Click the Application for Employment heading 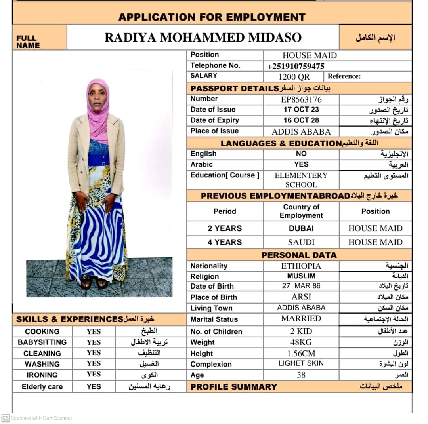(x=212, y=17)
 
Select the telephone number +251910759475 (x=296, y=66)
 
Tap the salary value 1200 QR (x=294, y=77)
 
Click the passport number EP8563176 (x=301, y=99)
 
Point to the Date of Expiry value (x=301, y=120)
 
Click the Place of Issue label (x=214, y=131)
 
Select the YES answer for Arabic (x=301, y=164)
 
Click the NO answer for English (x=301, y=154)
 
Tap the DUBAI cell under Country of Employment (x=301, y=228)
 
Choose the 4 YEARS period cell (x=225, y=242)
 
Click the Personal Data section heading (x=299, y=255)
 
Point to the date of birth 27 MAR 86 (x=301, y=286)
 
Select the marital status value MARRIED (x=301, y=318)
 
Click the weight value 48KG (x=301, y=342)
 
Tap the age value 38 (x=301, y=375)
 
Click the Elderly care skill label (x=42, y=387)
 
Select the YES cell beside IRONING (x=94, y=374)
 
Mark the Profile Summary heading (x=234, y=387)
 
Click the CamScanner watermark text (x=42, y=418)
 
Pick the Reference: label (x=344, y=76)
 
